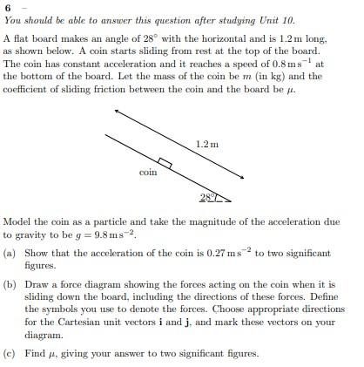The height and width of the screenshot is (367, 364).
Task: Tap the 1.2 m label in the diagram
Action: pos(207,143)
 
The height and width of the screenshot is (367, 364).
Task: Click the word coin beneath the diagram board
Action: pos(148,173)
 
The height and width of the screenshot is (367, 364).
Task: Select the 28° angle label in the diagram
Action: pos(207,198)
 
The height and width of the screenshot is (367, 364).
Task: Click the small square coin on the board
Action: pos(165,164)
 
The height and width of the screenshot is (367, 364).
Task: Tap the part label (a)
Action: pos(9,254)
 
